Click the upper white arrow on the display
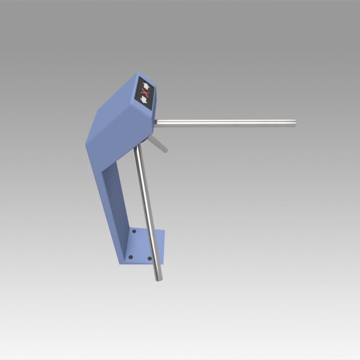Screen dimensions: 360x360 (x=145, y=85)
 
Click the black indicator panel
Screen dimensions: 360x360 (x=145, y=93)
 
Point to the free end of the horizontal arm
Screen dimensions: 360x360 (x=294, y=123)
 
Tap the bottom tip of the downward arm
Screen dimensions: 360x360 (x=157, y=279)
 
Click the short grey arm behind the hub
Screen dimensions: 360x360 (x=158, y=144)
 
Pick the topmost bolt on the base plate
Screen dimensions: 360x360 (x=134, y=232)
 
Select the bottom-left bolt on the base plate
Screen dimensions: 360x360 (x=130, y=257)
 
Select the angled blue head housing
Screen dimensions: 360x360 (x=119, y=112)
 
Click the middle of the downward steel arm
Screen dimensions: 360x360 (x=148, y=211)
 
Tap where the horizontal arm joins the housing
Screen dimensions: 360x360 (x=156, y=122)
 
